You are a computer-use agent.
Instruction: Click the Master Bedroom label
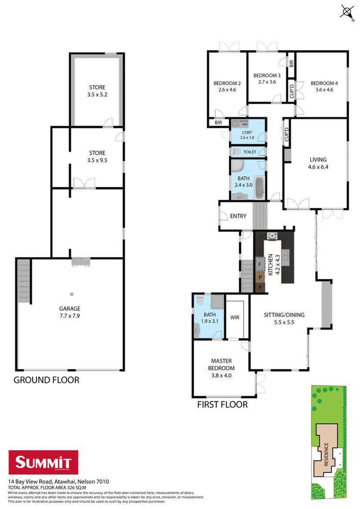tap(221, 364)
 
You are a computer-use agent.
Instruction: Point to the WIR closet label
tap(235, 317)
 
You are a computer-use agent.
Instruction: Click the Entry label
tap(238, 216)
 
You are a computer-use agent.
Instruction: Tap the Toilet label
tap(250, 152)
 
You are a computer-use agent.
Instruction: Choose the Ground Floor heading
tap(46, 380)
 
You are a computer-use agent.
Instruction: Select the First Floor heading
tap(222, 405)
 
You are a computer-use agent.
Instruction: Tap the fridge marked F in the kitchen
tap(260, 265)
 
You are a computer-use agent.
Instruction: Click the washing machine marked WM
tap(244, 124)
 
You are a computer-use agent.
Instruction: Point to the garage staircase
tap(24, 280)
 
